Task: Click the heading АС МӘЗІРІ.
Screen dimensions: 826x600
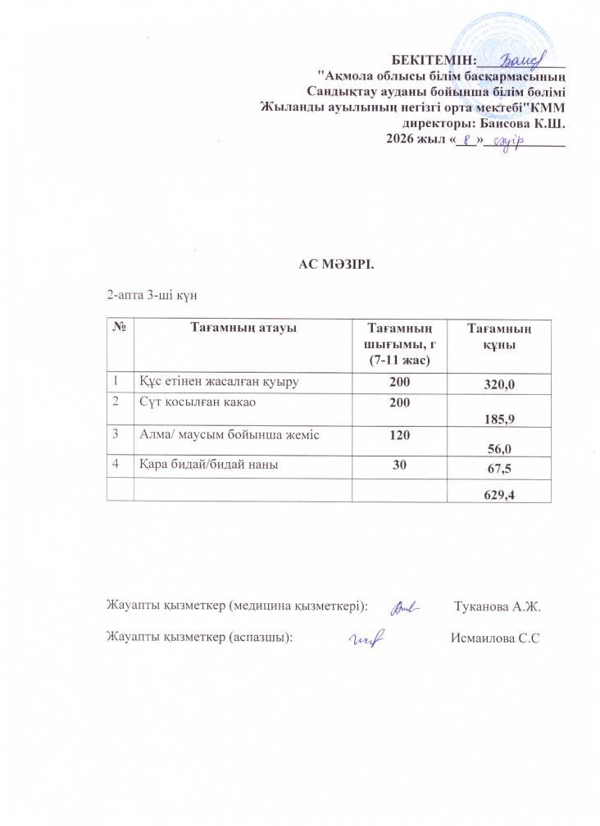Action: pyautogui.click(x=336, y=265)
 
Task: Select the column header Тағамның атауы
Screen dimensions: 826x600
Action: pyautogui.click(x=243, y=329)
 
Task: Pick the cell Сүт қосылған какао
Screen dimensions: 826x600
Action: pyautogui.click(x=191, y=402)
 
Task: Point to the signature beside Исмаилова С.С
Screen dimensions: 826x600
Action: pyautogui.click(x=368, y=638)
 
